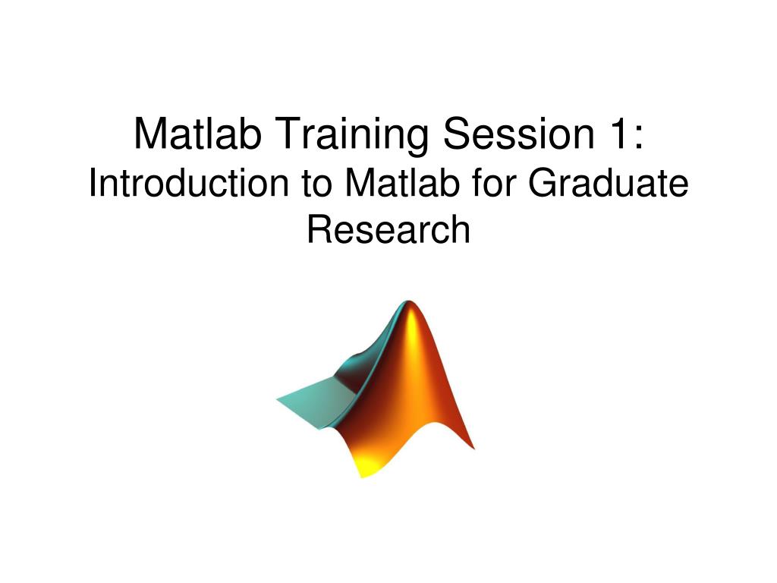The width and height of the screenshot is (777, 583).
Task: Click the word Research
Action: coord(388,230)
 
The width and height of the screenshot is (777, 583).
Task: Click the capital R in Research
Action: coord(319,230)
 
